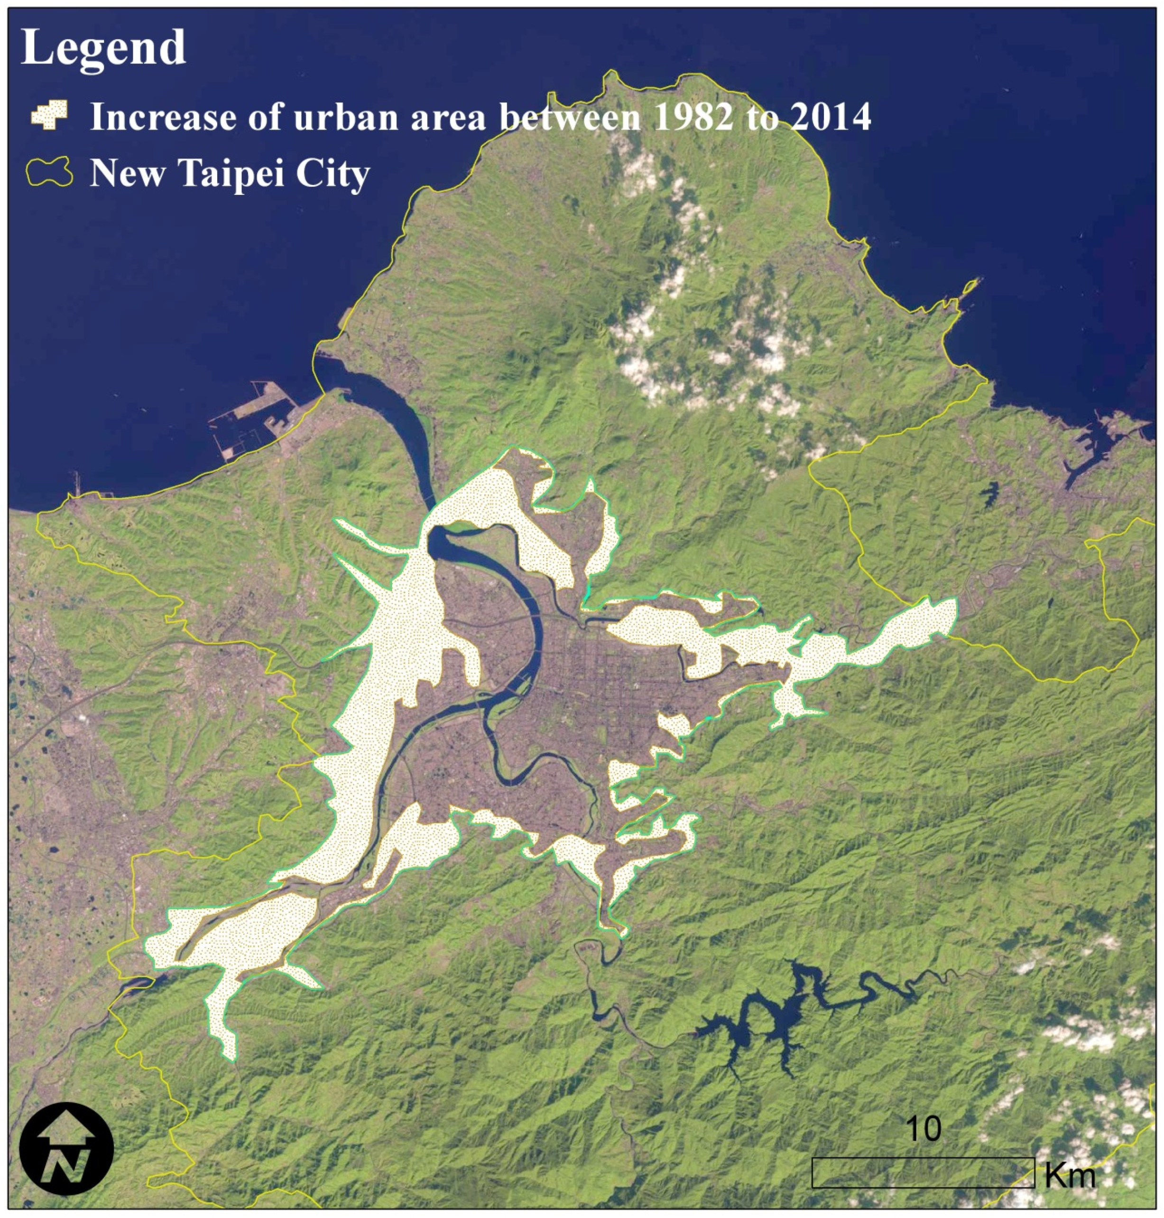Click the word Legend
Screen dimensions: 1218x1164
tap(103, 48)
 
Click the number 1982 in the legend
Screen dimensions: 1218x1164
tap(693, 117)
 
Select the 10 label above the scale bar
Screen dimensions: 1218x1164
tap(923, 1128)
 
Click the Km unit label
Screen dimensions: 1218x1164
tap(1070, 1174)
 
